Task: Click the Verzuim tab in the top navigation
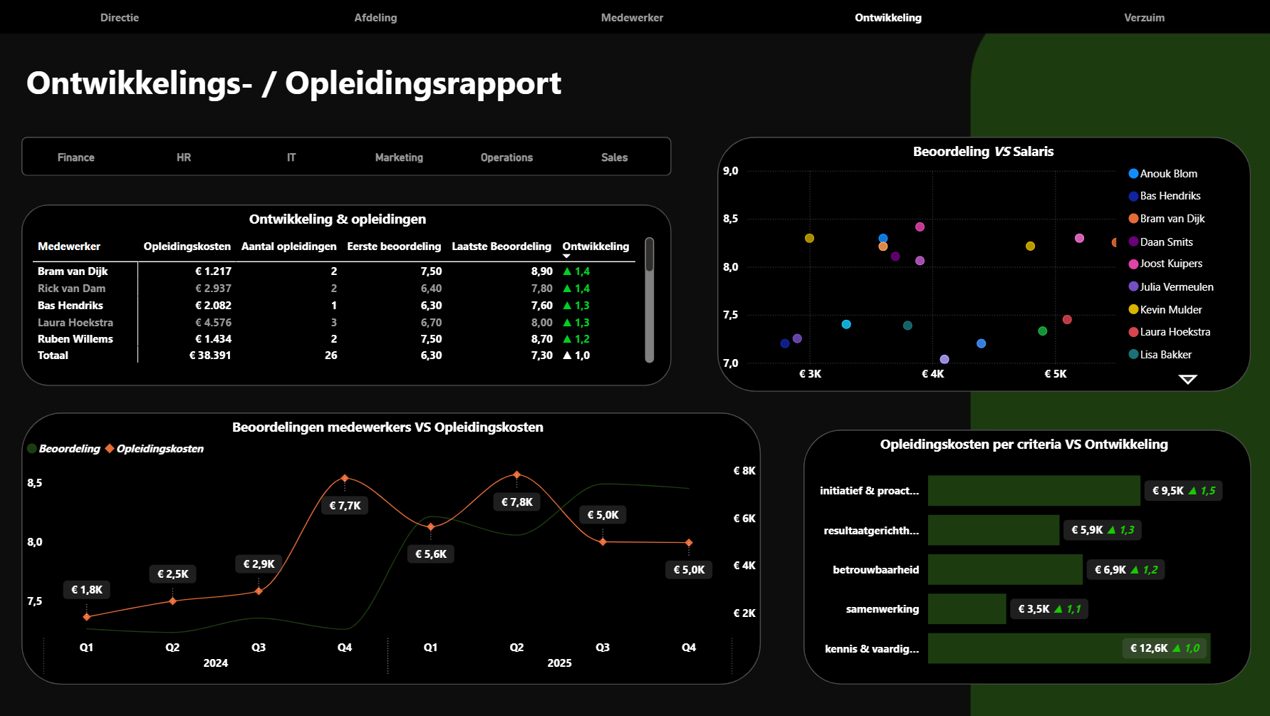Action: tap(1144, 18)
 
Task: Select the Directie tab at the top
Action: tap(120, 18)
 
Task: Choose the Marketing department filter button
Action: tap(399, 157)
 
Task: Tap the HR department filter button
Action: tap(184, 157)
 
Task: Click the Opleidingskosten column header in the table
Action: tap(187, 247)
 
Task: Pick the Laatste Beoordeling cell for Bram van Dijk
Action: tap(541, 271)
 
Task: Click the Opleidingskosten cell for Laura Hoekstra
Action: tap(213, 323)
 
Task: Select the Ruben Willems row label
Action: tap(76, 339)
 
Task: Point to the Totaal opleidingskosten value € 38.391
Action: tap(210, 356)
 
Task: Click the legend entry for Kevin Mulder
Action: tap(1170, 310)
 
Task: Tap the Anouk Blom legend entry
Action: tap(1168, 174)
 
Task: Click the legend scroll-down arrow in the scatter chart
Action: tap(1187, 380)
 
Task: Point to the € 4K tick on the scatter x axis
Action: tap(932, 374)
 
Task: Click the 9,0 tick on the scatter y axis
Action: tap(731, 171)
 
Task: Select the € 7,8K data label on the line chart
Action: tap(517, 502)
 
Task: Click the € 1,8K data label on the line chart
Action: tap(87, 590)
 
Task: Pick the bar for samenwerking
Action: tap(967, 609)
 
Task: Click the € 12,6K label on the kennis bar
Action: tap(1149, 648)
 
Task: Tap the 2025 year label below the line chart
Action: tap(559, 663)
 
